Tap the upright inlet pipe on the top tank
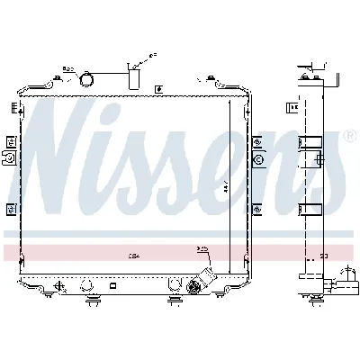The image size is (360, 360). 135,78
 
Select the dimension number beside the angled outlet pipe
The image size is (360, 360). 202,248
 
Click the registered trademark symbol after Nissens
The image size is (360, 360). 350,136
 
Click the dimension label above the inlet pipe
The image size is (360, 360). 152,56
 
